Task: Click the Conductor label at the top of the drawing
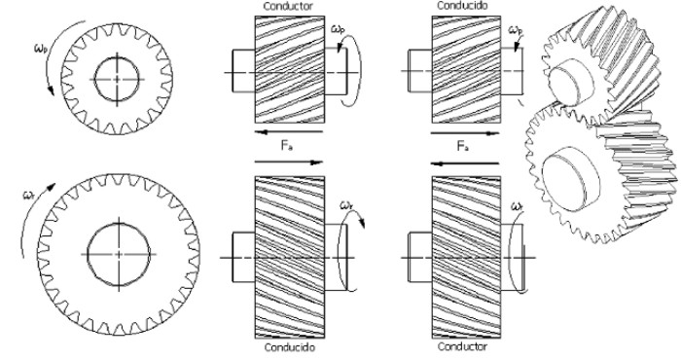288,6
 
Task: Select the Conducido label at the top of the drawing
462,5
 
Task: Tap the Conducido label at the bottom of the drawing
289,347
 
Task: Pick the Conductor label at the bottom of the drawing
462,346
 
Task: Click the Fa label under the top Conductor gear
286,146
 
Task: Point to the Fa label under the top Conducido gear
463,146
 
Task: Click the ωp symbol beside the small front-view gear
40,48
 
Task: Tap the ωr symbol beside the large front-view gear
28,196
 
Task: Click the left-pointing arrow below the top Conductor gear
288,131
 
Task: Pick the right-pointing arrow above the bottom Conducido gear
288,162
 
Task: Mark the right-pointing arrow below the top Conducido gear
465,133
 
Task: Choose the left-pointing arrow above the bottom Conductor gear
465,163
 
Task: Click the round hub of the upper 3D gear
571,82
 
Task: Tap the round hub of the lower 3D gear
571,178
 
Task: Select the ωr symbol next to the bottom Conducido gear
346,204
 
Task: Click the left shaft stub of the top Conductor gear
243,71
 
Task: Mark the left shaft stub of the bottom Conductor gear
420,257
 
